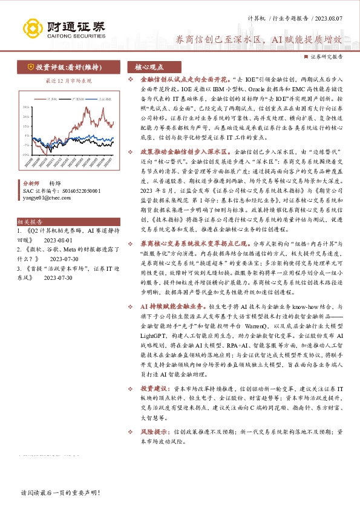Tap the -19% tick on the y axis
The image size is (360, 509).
tap(25, 154)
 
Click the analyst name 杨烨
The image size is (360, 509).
tap(56, 182)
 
